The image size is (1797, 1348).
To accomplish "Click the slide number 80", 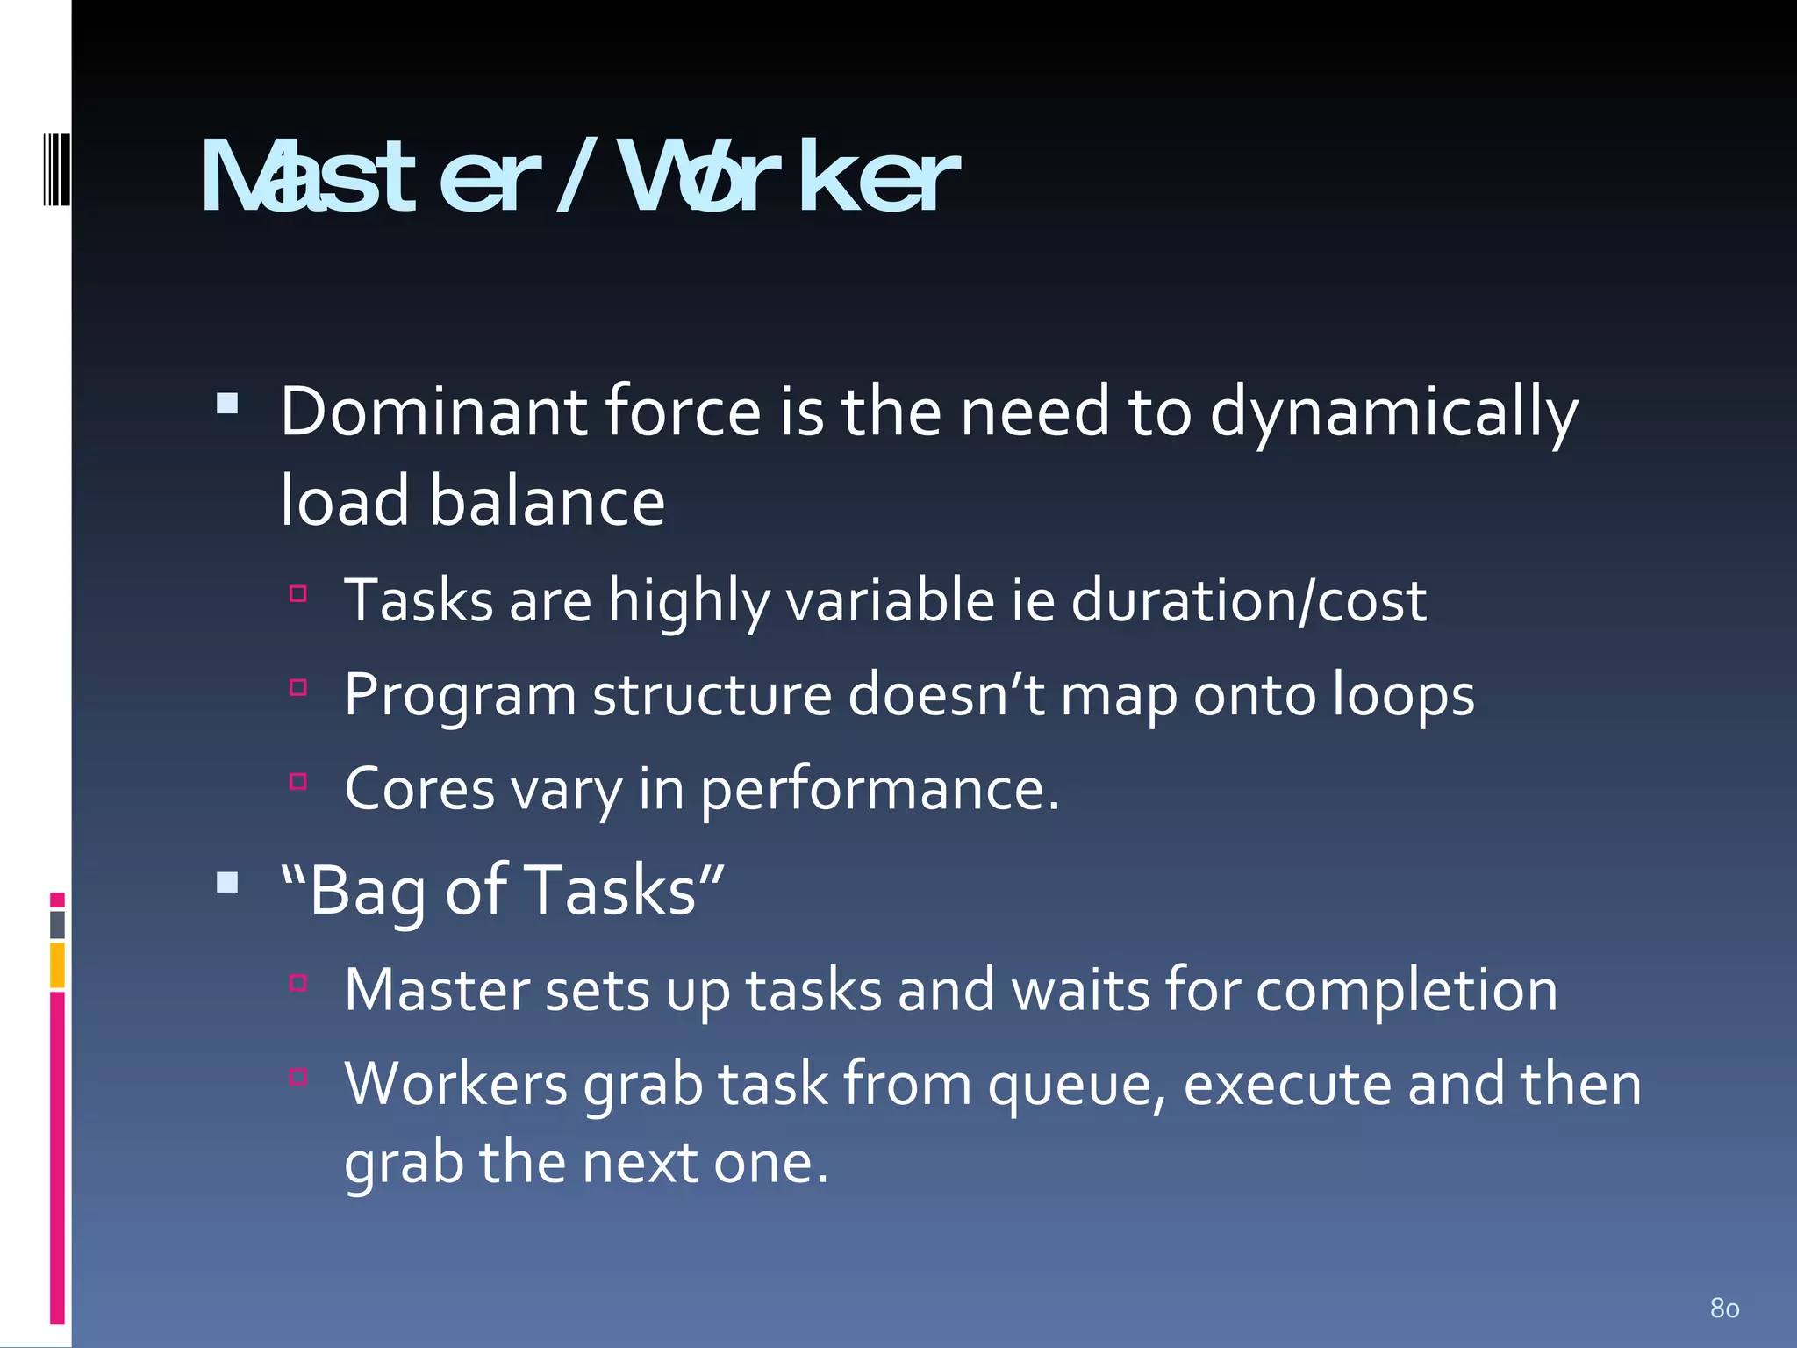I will click(1724, 1309).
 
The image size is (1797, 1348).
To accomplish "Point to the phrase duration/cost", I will click(1249, 602).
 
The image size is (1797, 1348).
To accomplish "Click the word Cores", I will click(419, 789).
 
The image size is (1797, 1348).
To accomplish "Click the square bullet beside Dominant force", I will click(227, 403).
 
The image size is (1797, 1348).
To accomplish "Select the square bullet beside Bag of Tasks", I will click(227, 882).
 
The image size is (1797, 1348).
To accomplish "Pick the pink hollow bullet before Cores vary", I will click(298, 781).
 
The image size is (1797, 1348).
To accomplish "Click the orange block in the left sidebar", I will click(57, 964).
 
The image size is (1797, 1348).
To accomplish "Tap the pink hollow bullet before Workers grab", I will click(298, 1076).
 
